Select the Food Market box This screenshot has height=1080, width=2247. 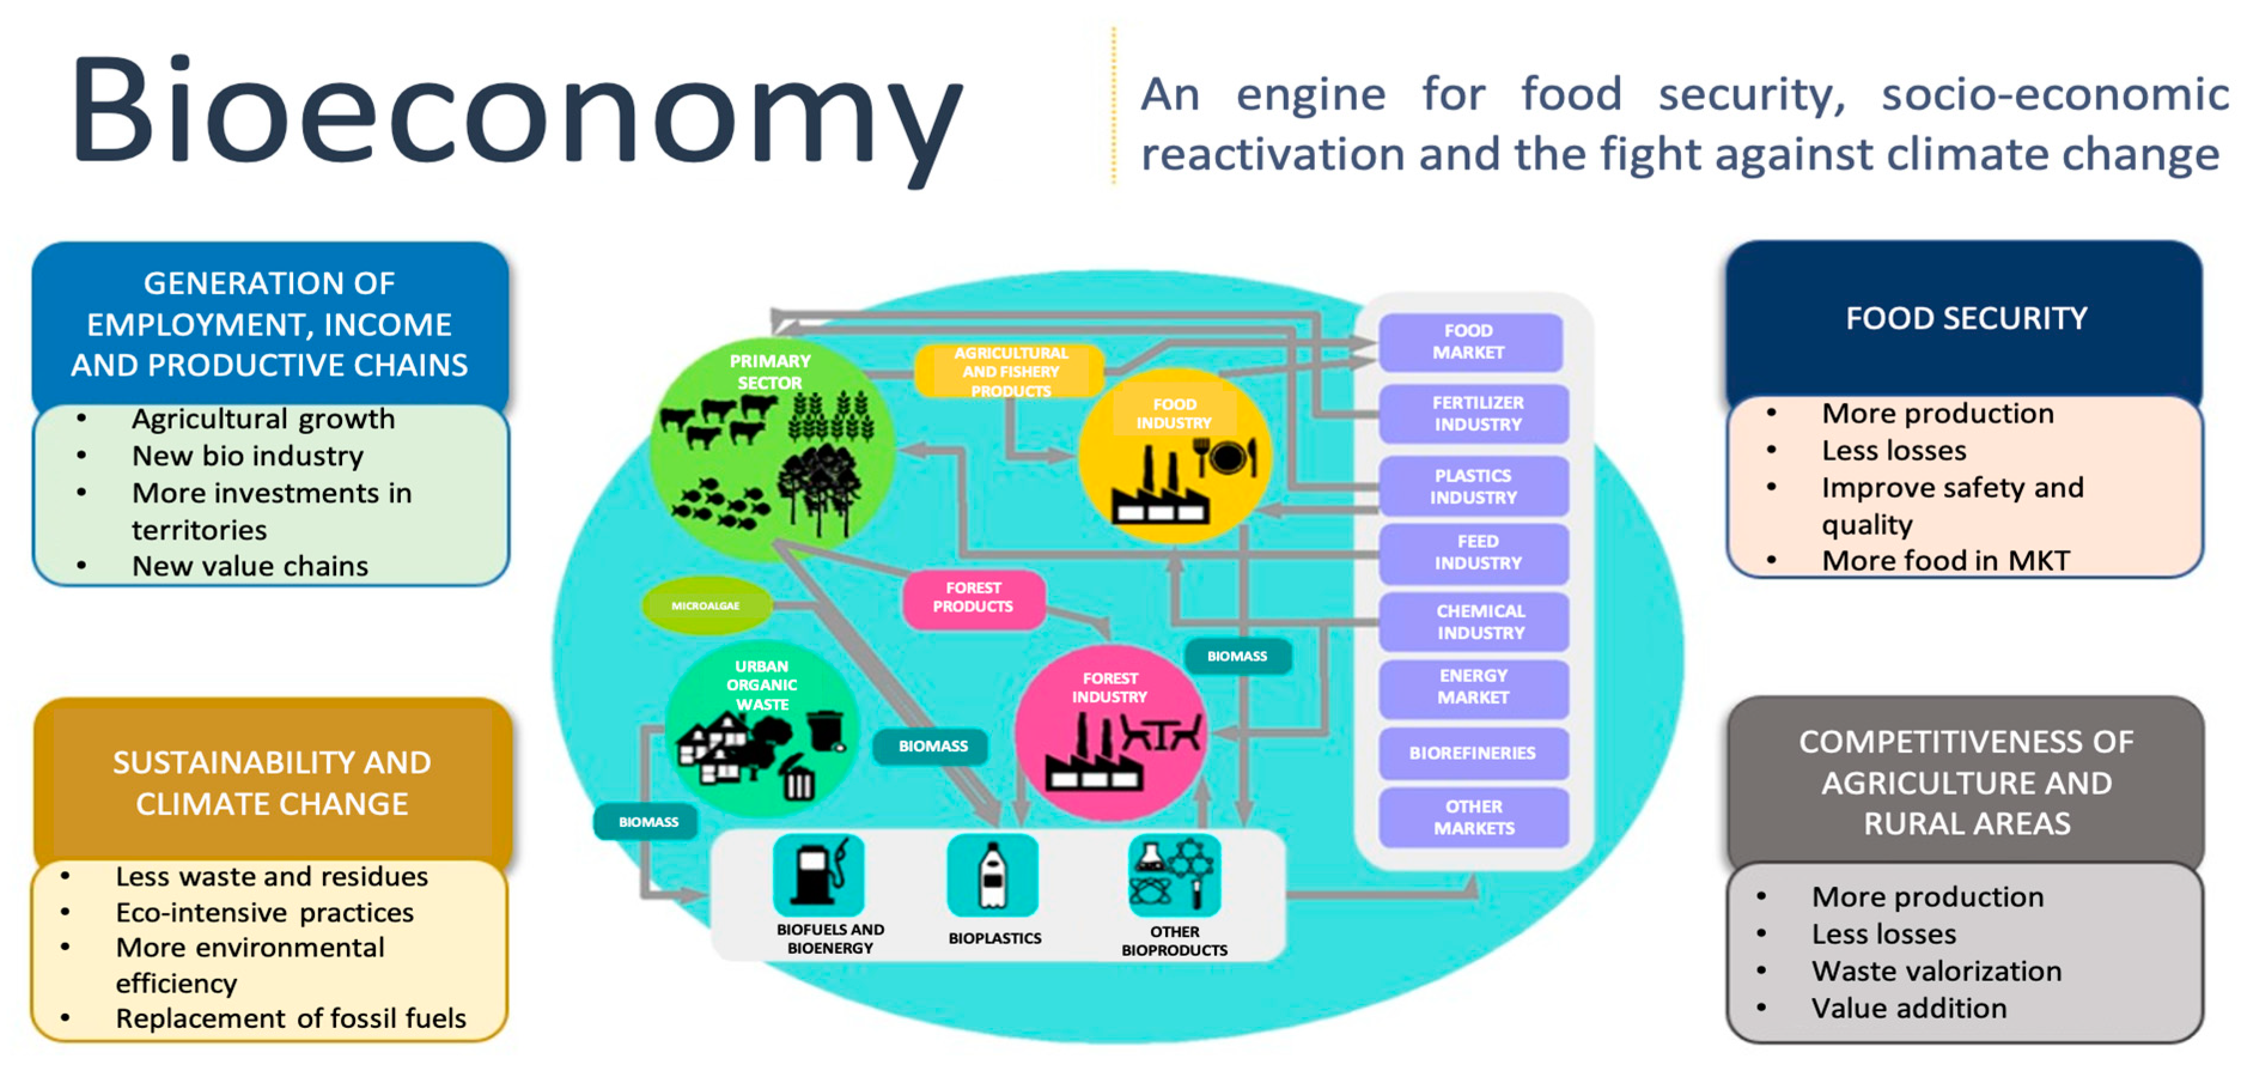[x=1470, y=341]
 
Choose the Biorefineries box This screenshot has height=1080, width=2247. [x=1472, y=753]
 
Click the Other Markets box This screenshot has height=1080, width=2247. [x=1474, y=817]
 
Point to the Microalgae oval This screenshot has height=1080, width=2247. [x=706, y=606]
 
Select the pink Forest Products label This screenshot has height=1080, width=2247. [x=973, y=598]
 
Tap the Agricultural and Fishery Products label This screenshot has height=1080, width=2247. [x=1010, y=372]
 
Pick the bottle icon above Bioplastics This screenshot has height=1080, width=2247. [x=992, y=875]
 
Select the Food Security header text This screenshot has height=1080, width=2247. [x=1966, y=318]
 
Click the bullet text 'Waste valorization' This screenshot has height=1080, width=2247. [x=1937, y=971]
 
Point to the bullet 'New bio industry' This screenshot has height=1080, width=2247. [x=248, y=455]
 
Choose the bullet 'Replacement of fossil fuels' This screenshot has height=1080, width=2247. [x=291, y=1018]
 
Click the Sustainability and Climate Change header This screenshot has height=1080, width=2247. [x=272, y=783]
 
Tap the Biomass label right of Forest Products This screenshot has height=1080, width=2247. [x=1237, y=656]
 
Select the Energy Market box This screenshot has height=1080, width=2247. [x=1472, y=686]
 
